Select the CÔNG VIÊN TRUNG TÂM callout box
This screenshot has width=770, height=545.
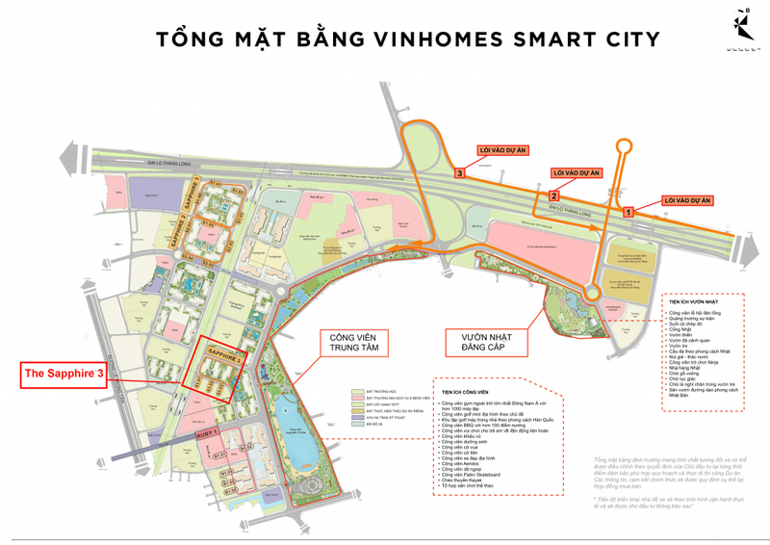[353, 344]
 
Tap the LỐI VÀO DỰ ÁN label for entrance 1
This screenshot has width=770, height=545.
[686, 200]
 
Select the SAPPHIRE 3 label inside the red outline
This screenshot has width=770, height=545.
[222, 355]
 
